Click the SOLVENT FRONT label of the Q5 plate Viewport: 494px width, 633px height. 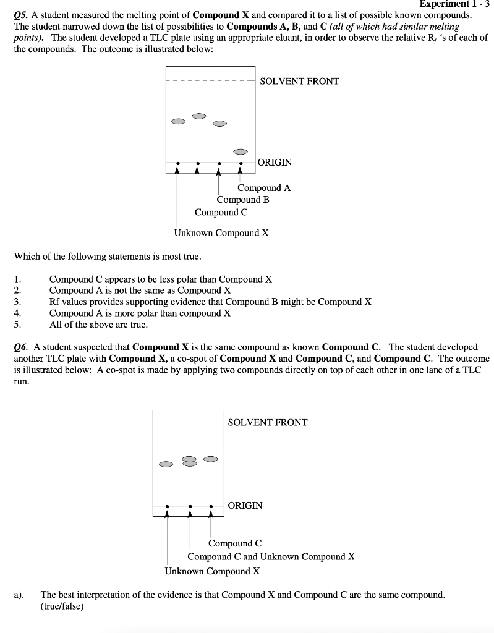(x=299, y=81)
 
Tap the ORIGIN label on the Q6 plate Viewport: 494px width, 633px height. (x=245, y=505)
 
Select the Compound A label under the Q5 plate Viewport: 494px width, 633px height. (x=264, y=188)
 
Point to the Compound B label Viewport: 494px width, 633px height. (x=243, y=200)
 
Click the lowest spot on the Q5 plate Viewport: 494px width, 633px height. (x=241, y=151)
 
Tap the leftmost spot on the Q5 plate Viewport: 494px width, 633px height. (x=178, y=121)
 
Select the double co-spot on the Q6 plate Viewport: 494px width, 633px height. (x=190, y=461)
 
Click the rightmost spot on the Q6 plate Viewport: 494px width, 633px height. (x=211, y=459)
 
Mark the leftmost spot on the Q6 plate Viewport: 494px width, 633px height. (x=166, y=464)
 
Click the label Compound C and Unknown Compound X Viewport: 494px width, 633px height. (x=271, y=556)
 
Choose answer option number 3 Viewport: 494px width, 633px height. (x=210, y=302)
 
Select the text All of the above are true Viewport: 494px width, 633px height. (x=98, y=324)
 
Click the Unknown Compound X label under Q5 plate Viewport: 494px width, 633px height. (x=221, y=233)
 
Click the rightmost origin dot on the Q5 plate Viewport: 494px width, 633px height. (x=241, y=164)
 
